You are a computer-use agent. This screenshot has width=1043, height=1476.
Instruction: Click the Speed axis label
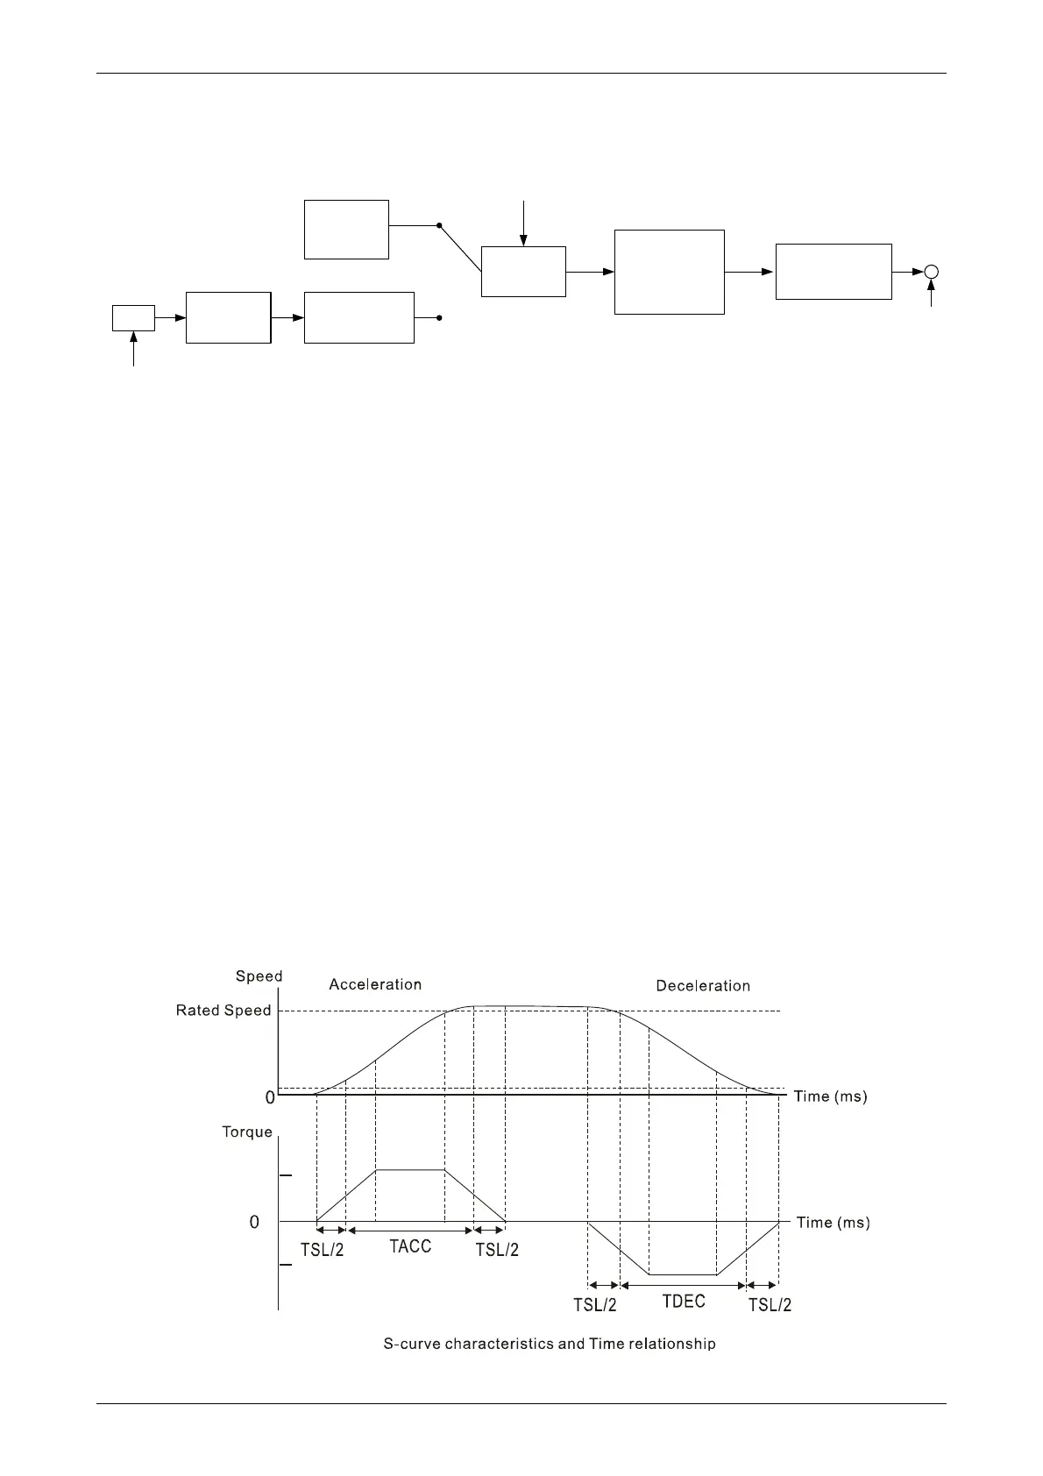[259, 976]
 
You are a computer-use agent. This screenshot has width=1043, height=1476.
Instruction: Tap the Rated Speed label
[223, 1011]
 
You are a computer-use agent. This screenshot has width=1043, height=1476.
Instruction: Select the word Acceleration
[375, 984]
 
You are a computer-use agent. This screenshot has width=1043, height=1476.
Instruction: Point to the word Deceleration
[703, 986]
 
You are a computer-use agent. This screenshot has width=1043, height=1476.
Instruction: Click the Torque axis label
[247, 1132]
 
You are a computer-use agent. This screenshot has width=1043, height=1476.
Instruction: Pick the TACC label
[410, 1246]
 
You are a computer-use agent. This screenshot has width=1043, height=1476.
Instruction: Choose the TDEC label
[684, 1302]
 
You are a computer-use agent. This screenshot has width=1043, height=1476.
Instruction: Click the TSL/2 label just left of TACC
[323, 1250]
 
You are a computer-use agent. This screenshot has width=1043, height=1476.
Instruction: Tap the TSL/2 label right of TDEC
[770, 1305]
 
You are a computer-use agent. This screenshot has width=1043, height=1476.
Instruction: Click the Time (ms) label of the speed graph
[830, 1096]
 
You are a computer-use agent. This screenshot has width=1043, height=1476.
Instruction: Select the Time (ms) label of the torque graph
[833, 1223]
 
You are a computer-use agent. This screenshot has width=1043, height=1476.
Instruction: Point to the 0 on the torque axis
[254, 1222]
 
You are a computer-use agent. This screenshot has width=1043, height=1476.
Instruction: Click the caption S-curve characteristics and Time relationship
[550, 1344]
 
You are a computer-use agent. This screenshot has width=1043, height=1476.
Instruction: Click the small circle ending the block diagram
[932, 272]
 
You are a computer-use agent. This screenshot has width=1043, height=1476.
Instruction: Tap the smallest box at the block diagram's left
[133, 318]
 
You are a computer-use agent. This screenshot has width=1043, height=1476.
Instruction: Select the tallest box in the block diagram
[669, 272]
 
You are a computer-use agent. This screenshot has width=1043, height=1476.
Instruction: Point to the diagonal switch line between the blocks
[460, 248]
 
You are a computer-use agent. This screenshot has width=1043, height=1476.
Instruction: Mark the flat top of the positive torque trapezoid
[410, 1169]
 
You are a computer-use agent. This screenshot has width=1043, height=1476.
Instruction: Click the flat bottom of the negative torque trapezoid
[683, 1274]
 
